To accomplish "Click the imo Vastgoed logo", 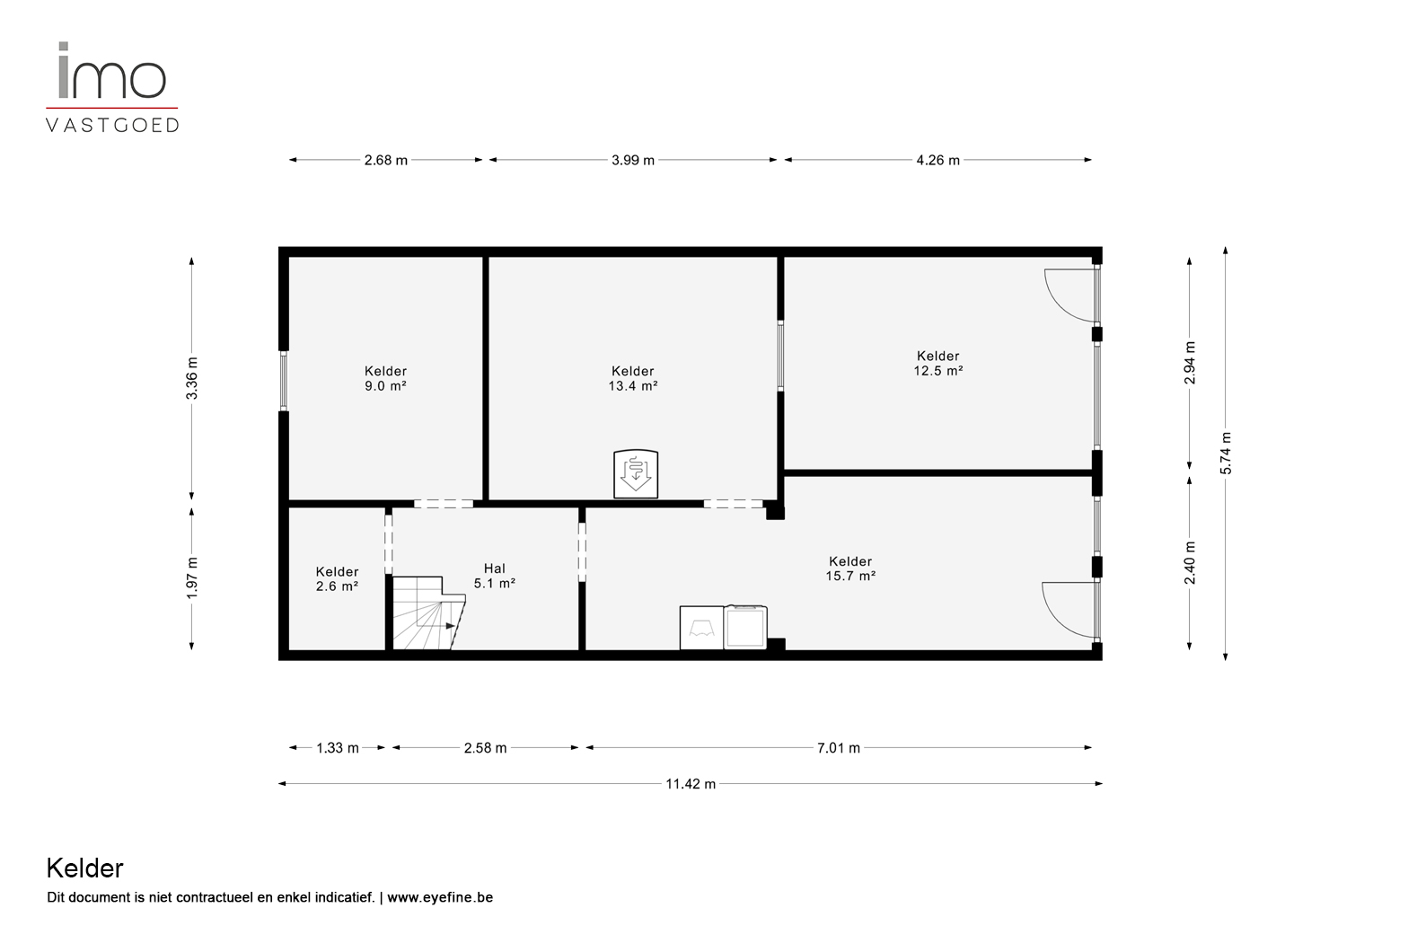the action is coord(112,87).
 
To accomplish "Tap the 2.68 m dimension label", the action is coord(386,160).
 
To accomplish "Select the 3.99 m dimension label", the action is coord(632,160).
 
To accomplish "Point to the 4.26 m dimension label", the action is coord(938,160).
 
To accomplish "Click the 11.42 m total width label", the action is coord(691,783).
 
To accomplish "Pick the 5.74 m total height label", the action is coord(1226,454).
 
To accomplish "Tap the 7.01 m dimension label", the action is coord(838,747).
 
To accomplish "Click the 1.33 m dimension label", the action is coord(337,747).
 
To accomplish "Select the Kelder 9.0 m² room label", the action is coord(385,378).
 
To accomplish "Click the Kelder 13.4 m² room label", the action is coord(632,378).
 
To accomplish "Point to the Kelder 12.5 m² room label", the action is coord(938,363).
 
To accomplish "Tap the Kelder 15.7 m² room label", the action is coord(850,568).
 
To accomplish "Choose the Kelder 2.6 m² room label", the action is coord(337,578).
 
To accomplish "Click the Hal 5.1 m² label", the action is coord(495,576).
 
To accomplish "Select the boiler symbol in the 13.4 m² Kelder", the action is coord(636,474).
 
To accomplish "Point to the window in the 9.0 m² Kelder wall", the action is coord(284,381).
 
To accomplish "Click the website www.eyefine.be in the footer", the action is coord(440,897).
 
